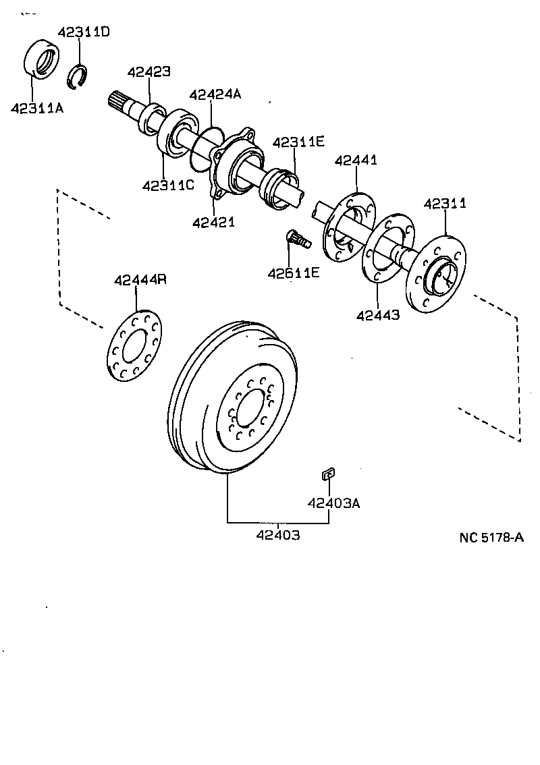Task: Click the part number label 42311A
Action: click(x=36, y=107)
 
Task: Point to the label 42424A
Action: click(x=215, y=94)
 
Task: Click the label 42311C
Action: click(x=168, y=185)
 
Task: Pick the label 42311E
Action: click(x=298, y=142)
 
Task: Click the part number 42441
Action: click(x=356, y=160)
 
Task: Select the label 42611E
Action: click(x=293, y=273)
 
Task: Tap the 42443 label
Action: click(x=378, y=314)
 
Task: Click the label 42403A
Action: click(x=333, y=503)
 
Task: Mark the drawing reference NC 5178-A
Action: click(x=491, y=538)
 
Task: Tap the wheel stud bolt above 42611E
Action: click(x=296, y=238)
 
